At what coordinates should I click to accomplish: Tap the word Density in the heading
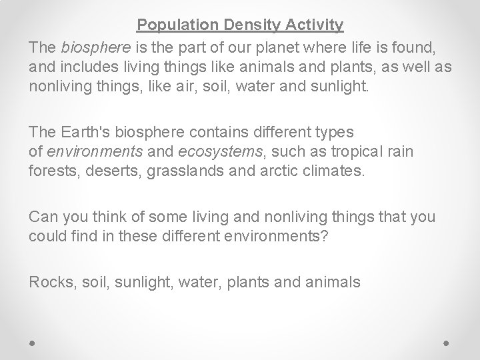[x=241, y=25]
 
